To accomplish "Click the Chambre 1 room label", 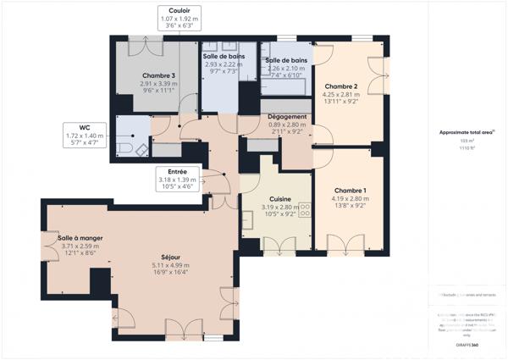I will [x=351, y=191].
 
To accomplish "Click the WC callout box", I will [x=82, y=136].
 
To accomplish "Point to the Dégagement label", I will [x=287, y=116].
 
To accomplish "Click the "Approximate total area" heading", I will [x=467, y=132].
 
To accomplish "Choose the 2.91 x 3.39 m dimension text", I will [x=159, y=84].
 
